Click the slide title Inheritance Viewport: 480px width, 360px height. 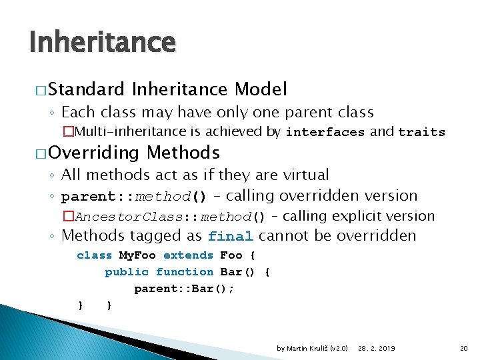102,43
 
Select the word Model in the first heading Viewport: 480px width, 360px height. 261,89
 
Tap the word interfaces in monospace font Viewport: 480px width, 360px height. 325,132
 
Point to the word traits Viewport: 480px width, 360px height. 421,132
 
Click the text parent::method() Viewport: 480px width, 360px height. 134,197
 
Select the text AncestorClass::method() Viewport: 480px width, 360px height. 170,217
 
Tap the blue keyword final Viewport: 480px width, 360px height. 231,236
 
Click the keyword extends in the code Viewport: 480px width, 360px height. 188,255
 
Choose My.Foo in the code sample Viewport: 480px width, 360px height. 137,255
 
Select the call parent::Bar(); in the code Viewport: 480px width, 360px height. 184,289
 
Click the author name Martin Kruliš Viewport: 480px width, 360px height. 313,349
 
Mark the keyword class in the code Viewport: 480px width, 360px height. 94,255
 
